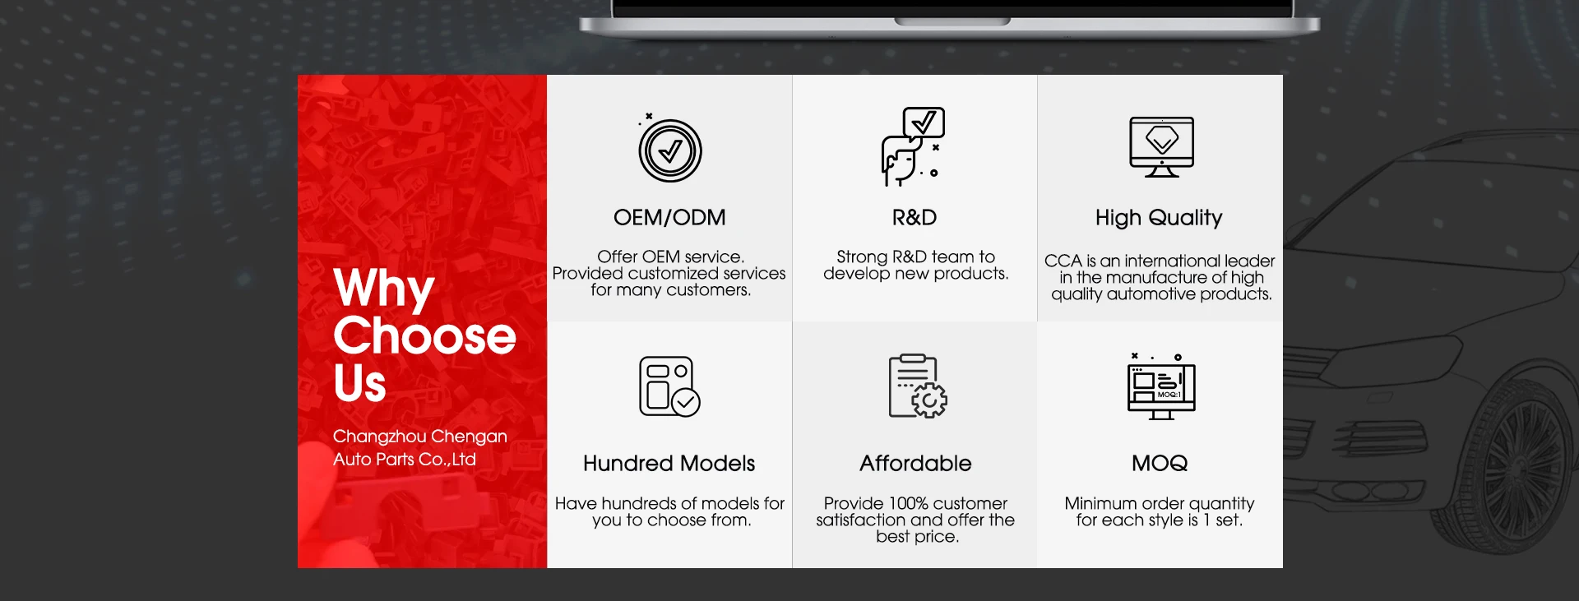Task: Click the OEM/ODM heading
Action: coord(669,218)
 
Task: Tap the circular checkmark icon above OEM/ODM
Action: coord(670,150)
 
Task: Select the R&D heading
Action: coord(915,218)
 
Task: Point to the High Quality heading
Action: coord(1159,219)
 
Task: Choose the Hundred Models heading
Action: coord(669,464)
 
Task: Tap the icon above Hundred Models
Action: coord(669,386)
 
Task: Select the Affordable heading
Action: coord(915,464)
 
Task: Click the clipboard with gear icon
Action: coord(918,386)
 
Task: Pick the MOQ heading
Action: coord(1160,464)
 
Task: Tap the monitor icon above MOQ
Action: coord(1161,386)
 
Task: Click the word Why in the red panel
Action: coord(383,289)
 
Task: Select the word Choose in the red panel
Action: coord(424,336)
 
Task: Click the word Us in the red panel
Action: coord(359,383)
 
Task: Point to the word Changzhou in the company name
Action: coord(379,437)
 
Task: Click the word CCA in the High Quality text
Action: coord(1063,261)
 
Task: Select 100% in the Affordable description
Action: coord(912,503)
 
